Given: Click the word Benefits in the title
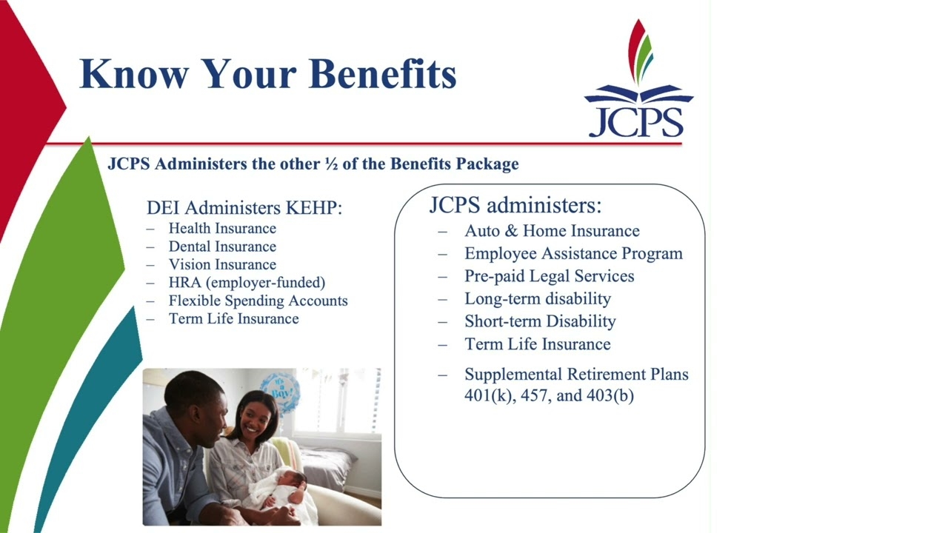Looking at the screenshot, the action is click(383, 73).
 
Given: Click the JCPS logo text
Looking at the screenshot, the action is click(636, 122).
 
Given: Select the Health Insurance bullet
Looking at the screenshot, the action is click(222, 229).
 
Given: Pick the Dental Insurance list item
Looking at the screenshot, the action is click(222, 247).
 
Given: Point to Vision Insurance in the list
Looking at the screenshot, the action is click(222, 265).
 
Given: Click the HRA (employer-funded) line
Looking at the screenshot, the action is click(247, 283).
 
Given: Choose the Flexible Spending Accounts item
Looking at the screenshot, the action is click(258, 301).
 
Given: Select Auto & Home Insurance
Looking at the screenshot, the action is click(552, 231).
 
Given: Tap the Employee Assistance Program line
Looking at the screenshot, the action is click(573, 254).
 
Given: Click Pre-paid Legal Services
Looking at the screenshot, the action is click(550, 276).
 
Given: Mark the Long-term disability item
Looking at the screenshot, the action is click(538, 299).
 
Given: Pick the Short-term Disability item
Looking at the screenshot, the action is click(540, 321).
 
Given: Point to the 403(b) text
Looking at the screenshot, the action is click(610, 396).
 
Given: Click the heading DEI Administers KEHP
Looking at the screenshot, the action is click(244, 208).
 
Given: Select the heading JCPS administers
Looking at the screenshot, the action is click(515, 205).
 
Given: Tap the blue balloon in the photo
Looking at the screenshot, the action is click(280, 392).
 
